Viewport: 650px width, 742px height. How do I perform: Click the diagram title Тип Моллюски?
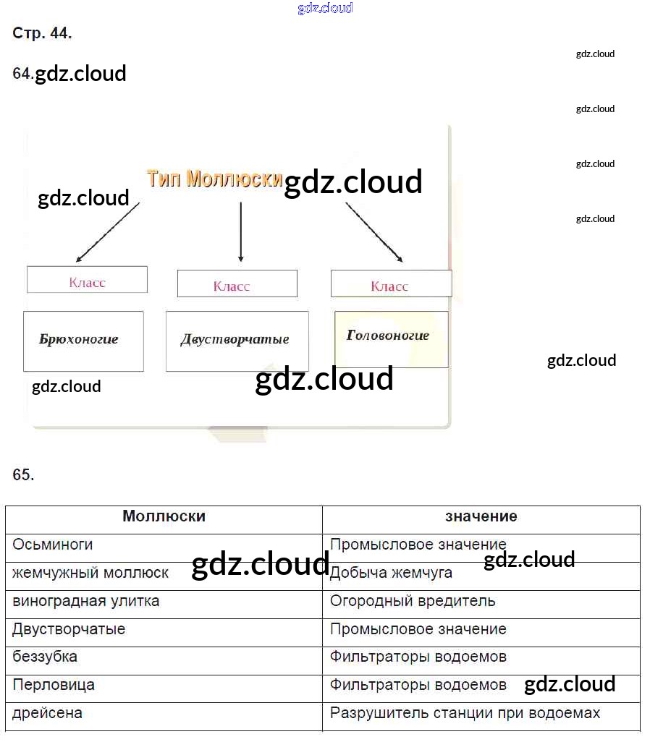click(214, 179)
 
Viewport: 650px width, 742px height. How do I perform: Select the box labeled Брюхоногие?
click(83, 340)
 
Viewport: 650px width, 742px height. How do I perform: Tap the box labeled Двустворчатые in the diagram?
click(237, 341)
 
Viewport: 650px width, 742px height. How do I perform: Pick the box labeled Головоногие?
click(391, 337)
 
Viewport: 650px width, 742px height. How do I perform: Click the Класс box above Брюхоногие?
click(87, 280)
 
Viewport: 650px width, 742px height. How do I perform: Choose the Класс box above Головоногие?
click(391, 284)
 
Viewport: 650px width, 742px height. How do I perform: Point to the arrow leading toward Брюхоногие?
click(107, 231)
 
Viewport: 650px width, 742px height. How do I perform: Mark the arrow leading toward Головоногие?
click(373, 231)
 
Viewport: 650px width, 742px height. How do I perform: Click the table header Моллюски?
click(164, 516)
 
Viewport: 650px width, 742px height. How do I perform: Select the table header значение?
click(481, 516)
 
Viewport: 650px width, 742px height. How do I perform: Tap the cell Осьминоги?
click(53, 545)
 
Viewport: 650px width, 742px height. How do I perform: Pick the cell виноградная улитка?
click(85, 601)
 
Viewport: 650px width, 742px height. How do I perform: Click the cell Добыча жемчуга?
click(391, 573)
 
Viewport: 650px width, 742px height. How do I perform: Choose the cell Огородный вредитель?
click(413, 601)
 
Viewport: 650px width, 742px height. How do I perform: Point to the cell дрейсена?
click(47, 714)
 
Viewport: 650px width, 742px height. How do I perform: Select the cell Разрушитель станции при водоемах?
click(465, 714)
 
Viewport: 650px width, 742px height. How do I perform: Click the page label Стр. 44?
click(42, 33)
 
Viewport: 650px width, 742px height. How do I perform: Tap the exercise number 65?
click(23, 475)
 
